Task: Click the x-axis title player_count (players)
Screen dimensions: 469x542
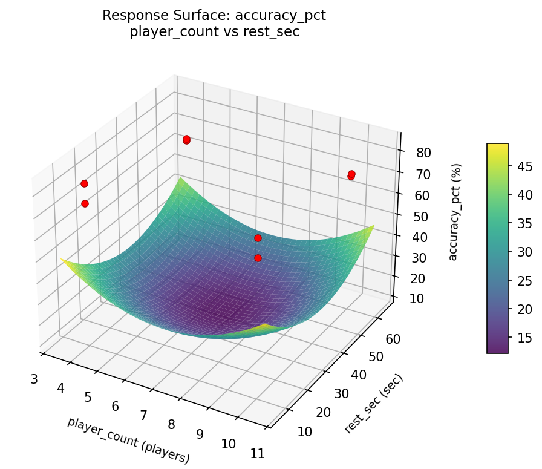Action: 128,441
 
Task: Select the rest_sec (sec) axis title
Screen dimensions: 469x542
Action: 373,404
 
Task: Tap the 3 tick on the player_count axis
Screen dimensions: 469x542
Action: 34,379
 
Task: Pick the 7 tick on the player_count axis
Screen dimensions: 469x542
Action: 143,415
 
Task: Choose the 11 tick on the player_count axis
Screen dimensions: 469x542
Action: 257,454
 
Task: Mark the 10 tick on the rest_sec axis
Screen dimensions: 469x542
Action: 304,431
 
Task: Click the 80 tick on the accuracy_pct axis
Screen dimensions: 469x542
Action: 423,153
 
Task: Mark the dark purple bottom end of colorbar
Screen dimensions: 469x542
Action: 497,350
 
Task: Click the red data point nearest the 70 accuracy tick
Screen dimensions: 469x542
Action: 351,175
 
